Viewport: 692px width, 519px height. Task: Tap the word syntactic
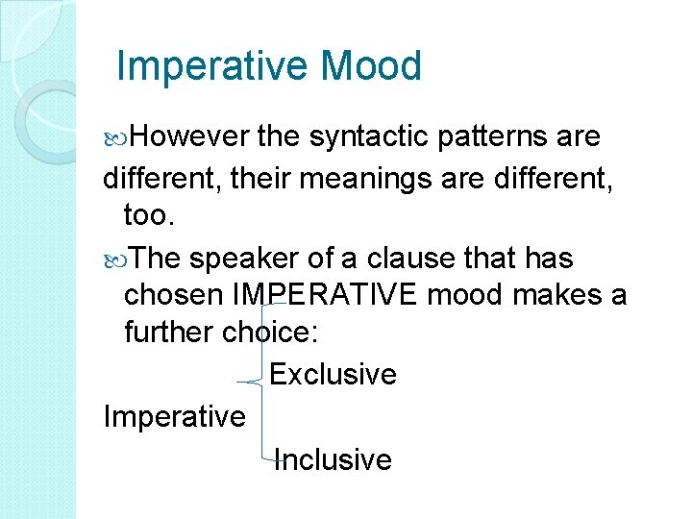370,137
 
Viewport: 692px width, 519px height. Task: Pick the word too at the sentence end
149,217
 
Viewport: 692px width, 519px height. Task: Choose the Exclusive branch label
333,374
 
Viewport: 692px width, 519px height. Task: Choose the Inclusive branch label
333,459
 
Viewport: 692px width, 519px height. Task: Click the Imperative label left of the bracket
174,417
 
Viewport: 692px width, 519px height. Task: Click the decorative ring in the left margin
48,119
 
